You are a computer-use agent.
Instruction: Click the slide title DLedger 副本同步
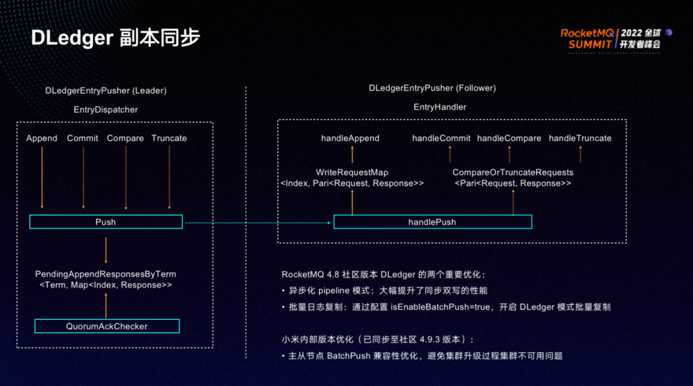pos(116,37)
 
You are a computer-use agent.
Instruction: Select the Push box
pos(106,222)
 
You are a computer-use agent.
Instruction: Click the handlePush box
pos(432,222)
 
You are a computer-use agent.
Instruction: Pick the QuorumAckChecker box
pos(107,326)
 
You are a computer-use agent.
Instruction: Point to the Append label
pos(42,138)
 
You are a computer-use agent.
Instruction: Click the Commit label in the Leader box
pos(83,138)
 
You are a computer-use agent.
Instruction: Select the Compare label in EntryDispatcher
pos(125,138)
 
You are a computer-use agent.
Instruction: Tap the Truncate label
pos(169,138)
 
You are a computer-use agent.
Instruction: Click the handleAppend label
pos(350,138)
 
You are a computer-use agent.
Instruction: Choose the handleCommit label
pos(441,138)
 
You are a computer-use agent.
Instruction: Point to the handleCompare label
pos(509,138)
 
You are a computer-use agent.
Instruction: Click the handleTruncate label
pos(580,138)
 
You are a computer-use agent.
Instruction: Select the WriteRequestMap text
pos(352,173)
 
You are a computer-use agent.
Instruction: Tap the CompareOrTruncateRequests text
pos(513,173)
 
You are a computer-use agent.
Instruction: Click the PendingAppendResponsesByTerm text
pos(105,274)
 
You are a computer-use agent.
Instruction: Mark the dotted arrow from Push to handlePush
pos(257,222)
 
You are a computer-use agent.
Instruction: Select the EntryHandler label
pos(440,107)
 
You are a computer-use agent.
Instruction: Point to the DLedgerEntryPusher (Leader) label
pos(106,91)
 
